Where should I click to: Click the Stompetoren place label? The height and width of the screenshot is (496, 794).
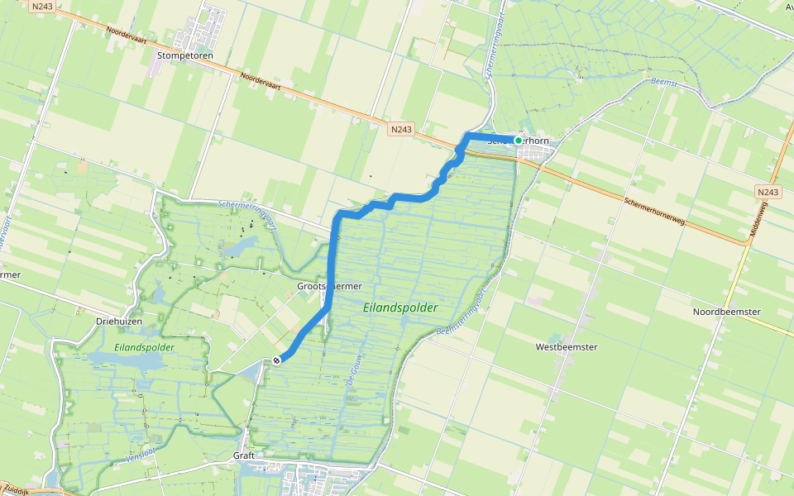[185, 56]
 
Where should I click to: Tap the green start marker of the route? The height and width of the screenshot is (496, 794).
[519, 141]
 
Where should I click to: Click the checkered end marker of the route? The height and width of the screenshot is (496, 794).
[276, 360]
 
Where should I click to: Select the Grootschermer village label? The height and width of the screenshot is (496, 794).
[329, 286]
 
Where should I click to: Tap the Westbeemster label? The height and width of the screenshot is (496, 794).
[567, 347]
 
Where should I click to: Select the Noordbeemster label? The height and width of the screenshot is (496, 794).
[726, 312]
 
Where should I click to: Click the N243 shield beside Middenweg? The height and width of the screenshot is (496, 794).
[768, 192]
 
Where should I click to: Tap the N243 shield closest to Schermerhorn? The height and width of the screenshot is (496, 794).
[401, 129]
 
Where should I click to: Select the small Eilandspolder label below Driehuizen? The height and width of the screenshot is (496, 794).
[145, 347]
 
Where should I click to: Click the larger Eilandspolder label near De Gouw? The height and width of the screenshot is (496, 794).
[400, 308]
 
